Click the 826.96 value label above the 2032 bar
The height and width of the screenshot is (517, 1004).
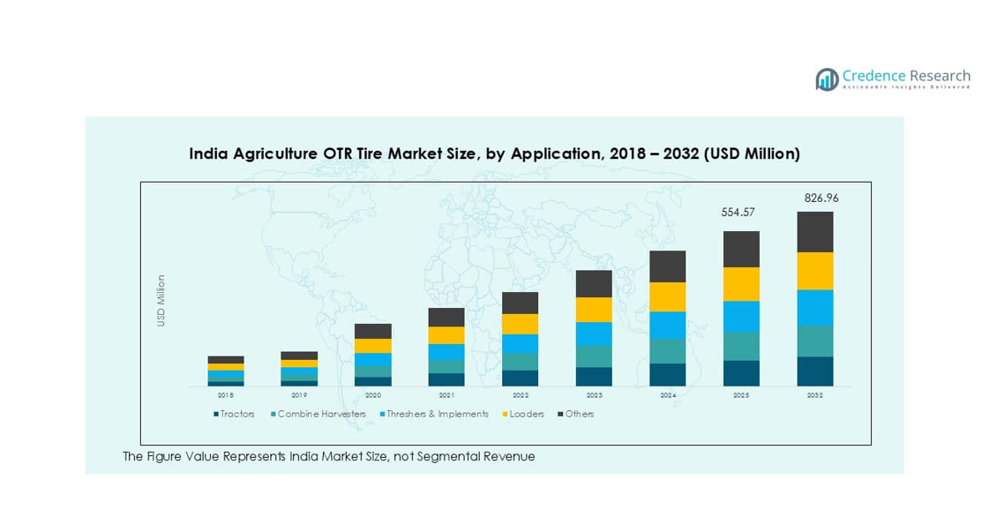(820, 199)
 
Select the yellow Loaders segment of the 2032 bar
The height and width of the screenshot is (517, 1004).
(814, 271)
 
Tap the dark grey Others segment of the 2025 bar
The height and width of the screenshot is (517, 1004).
(741, 249)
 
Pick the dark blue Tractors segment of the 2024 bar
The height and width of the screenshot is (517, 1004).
(668, 374)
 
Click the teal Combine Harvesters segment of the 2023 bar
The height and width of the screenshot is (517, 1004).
(594, 356)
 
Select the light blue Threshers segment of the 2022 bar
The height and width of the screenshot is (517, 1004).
(521, 343)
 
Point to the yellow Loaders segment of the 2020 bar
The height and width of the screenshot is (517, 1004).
(373, 346)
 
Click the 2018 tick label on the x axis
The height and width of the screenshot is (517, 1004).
(226, 396)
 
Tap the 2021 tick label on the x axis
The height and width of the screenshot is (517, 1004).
(446, 396)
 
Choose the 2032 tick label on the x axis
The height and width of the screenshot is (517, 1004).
(814, 396)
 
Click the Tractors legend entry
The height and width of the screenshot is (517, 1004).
(234, 415)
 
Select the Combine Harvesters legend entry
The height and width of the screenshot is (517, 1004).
(317, 415)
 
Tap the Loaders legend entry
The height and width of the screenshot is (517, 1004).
(523, 415)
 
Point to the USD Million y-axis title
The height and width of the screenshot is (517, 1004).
(161, 301)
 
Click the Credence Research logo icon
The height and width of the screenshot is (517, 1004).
(827, 79)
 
